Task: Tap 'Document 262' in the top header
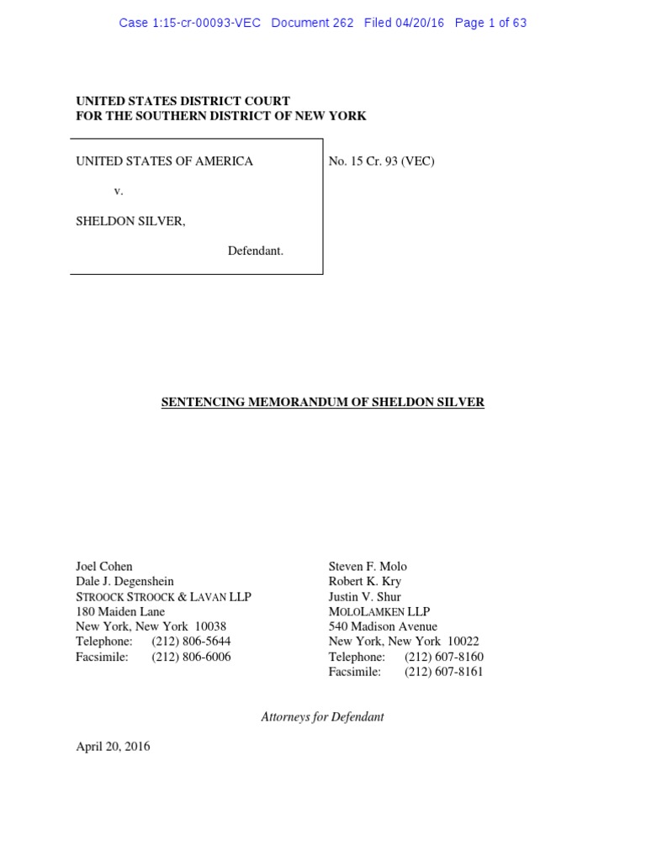click(313, 24)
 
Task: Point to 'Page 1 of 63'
click(490, 24)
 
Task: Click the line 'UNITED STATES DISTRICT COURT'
click(183, 101)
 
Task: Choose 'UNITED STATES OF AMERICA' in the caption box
click(165, 161)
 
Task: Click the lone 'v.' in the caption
click(119, 191)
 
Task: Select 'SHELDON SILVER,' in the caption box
click(130, 221)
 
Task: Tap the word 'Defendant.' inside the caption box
click(255, 251)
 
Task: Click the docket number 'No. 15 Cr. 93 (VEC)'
click(382, 161)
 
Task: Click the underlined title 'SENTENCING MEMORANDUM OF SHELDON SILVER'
click(323, 402)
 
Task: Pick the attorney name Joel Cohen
click(104, 566)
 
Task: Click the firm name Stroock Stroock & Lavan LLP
click(164, 596)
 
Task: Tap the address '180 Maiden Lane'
click(120, 611)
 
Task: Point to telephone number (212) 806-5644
click(191, 642)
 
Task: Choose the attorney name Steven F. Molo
click(368, 566)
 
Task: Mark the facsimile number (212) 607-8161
click(444, 672)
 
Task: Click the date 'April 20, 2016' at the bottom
click(114, 746)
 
